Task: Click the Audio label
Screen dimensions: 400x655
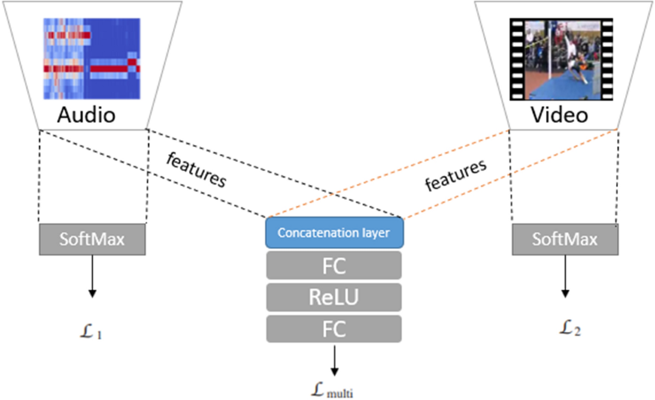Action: coord(87,115)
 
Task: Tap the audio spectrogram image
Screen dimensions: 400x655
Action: coord(91,58)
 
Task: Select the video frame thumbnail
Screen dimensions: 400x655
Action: coord(561,59)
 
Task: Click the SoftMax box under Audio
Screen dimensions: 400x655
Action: coord(92,239)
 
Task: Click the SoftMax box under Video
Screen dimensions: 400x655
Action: coord(565,239)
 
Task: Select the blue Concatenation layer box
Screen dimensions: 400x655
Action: coord(334,233)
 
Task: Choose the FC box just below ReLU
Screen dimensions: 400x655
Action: coord(334,329)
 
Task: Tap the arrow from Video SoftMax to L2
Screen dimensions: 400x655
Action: coord(565,276)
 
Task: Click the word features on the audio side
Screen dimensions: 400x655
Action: coord(196,170)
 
